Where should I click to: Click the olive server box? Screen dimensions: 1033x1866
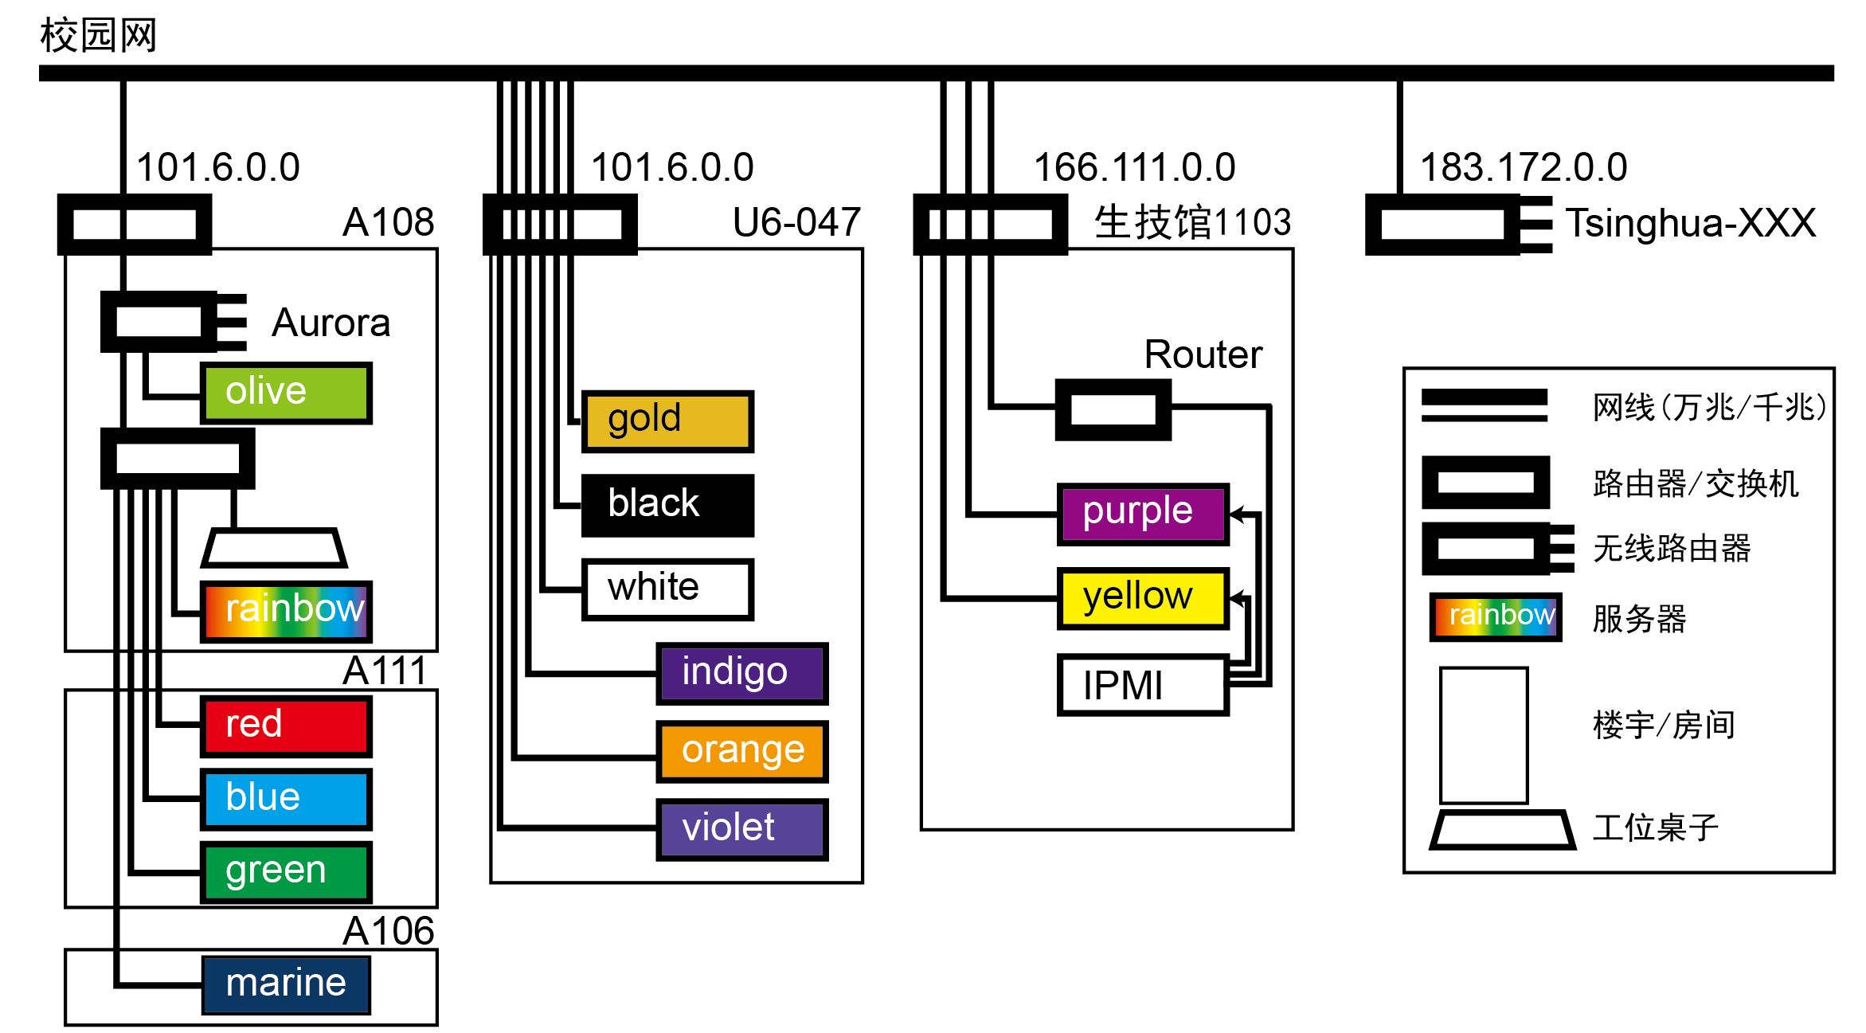(286, 393)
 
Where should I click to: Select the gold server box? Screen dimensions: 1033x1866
(667, 421)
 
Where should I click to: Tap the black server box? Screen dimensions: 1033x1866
(667, 506)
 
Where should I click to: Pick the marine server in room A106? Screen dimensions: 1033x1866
(286, 984)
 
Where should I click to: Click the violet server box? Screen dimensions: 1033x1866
(741, 829)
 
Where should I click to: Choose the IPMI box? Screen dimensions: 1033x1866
(1142, 685)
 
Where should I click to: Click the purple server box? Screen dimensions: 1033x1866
(1142, 514)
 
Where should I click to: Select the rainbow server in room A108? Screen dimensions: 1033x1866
(286, 611)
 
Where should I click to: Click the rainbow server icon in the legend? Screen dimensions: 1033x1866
(1495, 616)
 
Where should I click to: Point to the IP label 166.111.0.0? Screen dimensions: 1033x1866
(1133, 168)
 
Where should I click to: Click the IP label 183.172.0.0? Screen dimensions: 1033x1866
(1523, 168)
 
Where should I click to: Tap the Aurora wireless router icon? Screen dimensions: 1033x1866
(171, 322)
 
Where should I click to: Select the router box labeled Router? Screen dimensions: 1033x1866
(1113, 410)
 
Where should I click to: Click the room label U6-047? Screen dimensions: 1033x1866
(796, 222)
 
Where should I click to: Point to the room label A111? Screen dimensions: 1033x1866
(386, 671)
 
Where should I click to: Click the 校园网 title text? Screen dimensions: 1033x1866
(99, 36)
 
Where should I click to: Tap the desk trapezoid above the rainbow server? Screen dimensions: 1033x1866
(274, 548)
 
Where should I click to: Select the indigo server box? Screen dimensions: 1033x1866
(741, 673)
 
